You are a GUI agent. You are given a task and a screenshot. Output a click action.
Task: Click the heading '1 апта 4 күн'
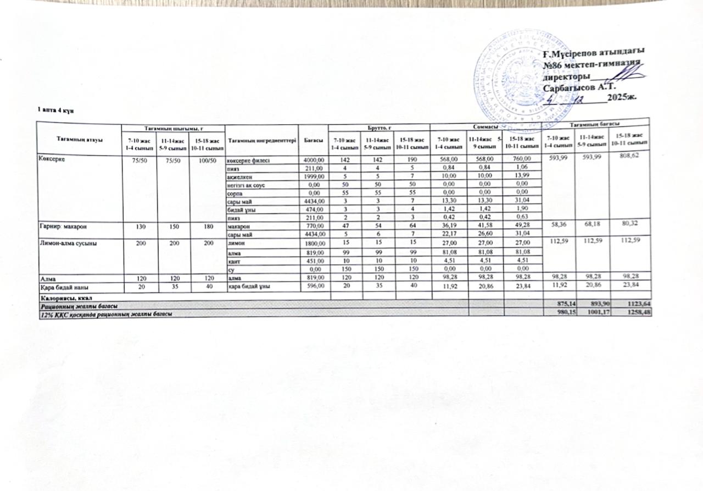pyautogui.click(x=52, y=111)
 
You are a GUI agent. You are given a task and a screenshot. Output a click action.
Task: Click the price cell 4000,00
pyautogui.click(x=315, y=160)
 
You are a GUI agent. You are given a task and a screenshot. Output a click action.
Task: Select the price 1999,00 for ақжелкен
pyautogui.click(x=315, y=176)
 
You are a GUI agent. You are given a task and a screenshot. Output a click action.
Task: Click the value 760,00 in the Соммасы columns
pyautogui.click(x=518, y=160)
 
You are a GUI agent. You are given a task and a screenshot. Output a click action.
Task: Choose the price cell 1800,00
pyautogui.click(x=315, y=242)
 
